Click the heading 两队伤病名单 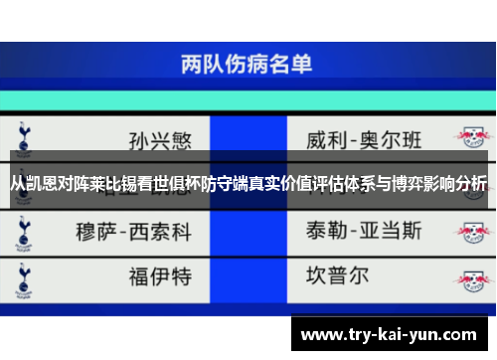(247, 65)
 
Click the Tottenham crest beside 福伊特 (22, 274)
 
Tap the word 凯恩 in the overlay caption (40, 183)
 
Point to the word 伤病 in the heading (247, 65)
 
